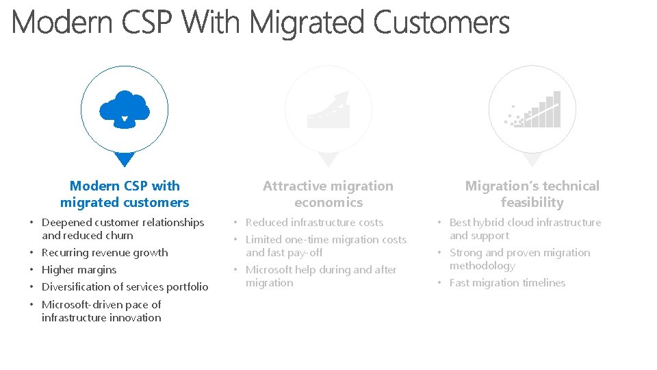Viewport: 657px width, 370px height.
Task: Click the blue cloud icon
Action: (124, 108)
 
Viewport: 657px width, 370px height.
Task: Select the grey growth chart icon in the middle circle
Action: (328, 110)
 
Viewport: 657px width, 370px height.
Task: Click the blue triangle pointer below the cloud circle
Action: (125, 159)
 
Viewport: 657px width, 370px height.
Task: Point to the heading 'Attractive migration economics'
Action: (328, 194)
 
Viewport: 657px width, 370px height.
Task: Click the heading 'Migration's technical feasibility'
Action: (532, 194)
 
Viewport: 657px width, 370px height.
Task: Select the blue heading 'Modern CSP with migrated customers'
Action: (125, 194)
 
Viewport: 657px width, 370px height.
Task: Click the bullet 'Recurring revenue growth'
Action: (105, 253)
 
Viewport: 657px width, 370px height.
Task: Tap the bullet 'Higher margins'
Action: (79, 270)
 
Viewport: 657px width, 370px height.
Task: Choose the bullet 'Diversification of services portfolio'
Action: (125, 287)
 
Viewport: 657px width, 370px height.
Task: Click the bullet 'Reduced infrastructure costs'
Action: (314, 223)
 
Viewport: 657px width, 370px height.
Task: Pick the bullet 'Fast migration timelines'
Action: (507, 283)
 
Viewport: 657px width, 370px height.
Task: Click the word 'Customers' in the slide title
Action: (442, 23)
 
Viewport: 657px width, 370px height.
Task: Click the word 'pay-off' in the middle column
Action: (305, 253)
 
